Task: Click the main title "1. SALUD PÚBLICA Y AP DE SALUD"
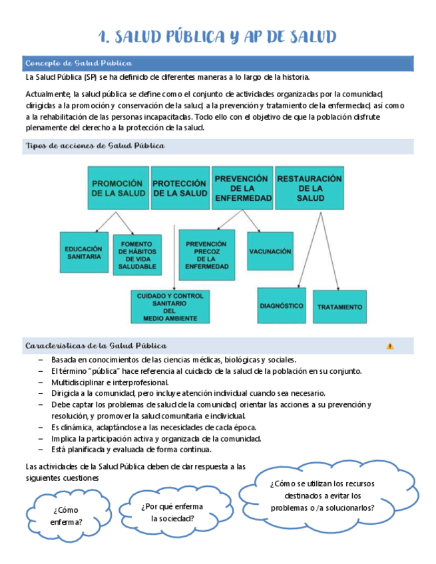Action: pyautogui.click(x=217, y=36)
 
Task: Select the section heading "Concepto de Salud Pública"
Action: pyautogui.click(x=78, y=63)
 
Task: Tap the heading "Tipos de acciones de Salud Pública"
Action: pyautogui.click(x=95, y=146)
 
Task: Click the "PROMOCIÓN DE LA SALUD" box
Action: pyautogui.click(x=118, y=188)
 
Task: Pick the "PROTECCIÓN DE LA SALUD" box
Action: pyautogui.click(x=180, y=188)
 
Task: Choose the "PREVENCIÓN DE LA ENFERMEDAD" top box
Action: pyautogui.click(x=242, y=188)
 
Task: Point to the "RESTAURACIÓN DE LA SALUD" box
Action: pyautogui.click(x=310, y=188)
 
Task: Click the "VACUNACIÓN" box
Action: pyautogui.click(x=270, y=251)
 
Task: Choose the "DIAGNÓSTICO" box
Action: pyautogui.click(x=281, y=306)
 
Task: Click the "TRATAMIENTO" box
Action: pyautogui.click(x=339, y=307)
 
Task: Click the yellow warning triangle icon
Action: pyautogui.click(x=389, y=346)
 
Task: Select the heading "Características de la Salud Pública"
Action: pyautogui.click(x=96, y=346)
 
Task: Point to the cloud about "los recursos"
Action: pyautogui.click(x=322, y=495)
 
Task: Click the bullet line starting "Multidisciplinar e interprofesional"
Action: pyautogui.click(x=110, y=382)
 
